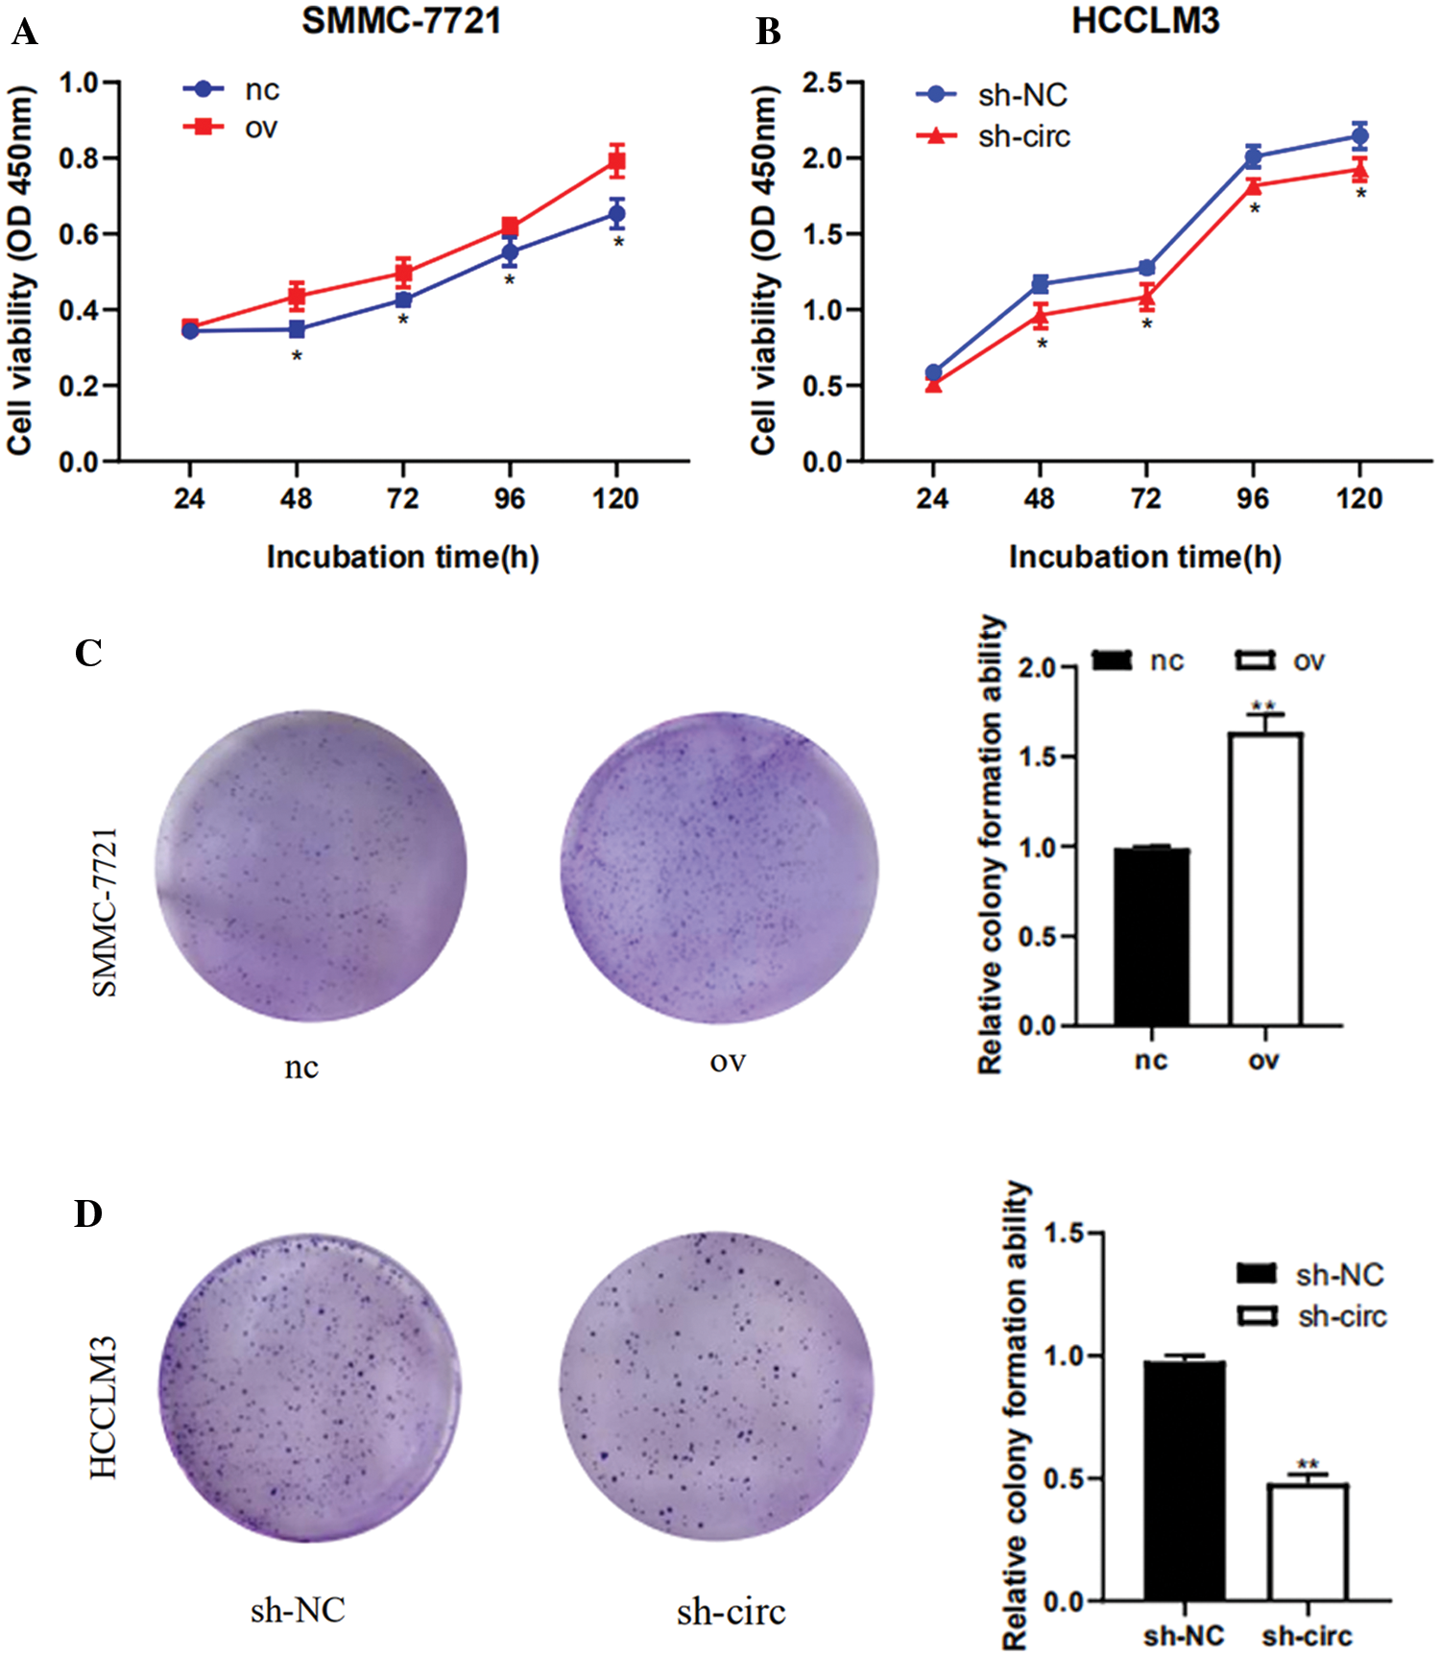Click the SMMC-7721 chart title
[401, 21]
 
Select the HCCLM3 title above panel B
[1145, 21]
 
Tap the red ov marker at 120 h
[616, 162]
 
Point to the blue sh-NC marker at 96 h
[1253, 157]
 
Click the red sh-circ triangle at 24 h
[933, 385]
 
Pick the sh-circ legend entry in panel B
[1023, 137]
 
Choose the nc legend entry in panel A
[260, 89]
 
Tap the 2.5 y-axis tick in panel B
[823, 83]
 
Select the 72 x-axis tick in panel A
[403, 498]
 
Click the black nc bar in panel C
[1151, 937]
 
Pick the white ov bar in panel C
[1264, 879]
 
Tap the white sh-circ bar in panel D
[1308, 1542]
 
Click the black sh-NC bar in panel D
[1184, 1480]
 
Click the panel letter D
[88, 1214]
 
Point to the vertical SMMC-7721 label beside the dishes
[105, 911]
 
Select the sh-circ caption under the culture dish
[731, 1612]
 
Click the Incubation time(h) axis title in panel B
[1145, 557]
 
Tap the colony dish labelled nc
[311, 867]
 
